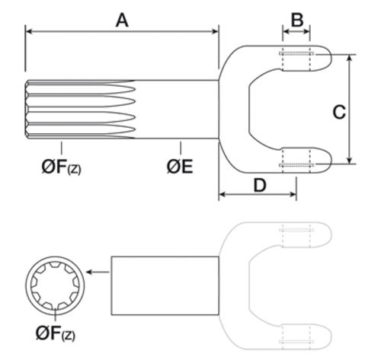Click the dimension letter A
[122, 21]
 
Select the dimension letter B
[297, 20]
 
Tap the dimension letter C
[339, 112]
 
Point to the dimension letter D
[260, 185]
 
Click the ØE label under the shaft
[180, 167]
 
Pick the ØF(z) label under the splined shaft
[62, 167]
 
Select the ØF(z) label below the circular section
[56, 333]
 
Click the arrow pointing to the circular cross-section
[98, 272]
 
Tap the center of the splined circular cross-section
[55, 285]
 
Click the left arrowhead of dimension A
[28, 31]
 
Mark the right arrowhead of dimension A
[216, 31]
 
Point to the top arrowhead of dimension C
[350, 58]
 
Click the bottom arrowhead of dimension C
[350, 161]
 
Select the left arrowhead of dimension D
[222, 195]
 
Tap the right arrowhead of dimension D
[293, 195]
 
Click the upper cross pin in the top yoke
[296, 53]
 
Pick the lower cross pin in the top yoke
[296, 165]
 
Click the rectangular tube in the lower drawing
[165, 285]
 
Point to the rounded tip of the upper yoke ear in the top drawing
[331, 57]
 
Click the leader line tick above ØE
[181, 148]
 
